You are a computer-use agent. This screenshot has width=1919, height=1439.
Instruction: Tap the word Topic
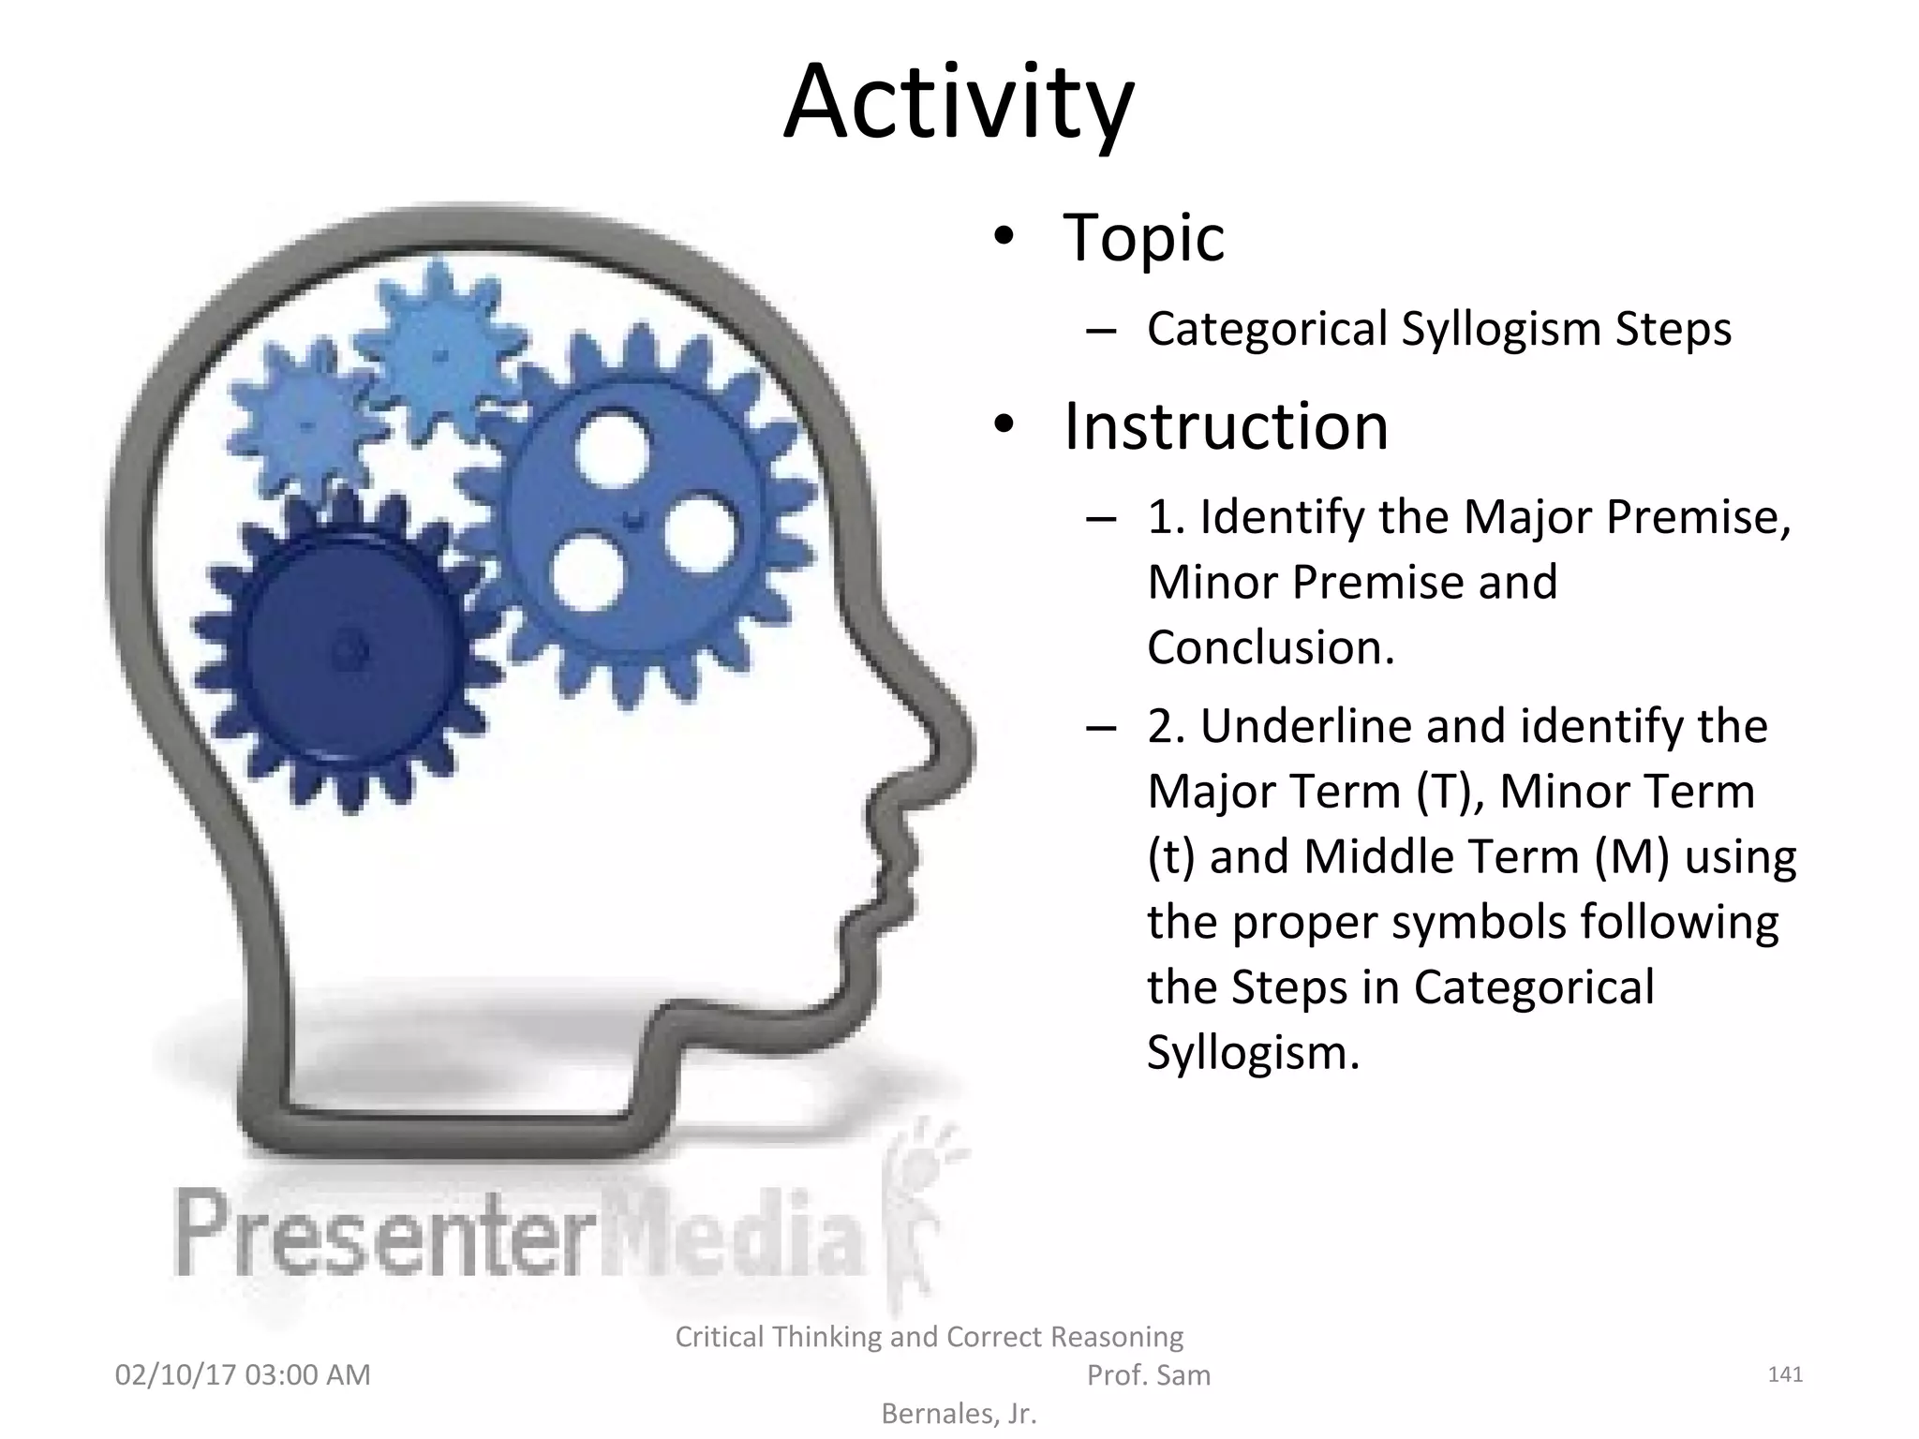click(1143, 238)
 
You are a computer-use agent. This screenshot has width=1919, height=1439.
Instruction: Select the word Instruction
click(1226, 427)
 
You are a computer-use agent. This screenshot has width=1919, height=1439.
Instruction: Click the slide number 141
click(1784, 1374)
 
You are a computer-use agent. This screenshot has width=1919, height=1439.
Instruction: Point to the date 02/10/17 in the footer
click(175, 1375)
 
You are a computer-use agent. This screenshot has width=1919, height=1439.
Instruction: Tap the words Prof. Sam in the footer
click(1148, 1375)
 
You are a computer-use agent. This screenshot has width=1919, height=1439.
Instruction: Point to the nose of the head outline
click(956, 740)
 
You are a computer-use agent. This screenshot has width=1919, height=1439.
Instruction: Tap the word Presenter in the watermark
click(384, 1234)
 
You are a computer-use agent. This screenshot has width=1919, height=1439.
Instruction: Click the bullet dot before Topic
click(1004, 237)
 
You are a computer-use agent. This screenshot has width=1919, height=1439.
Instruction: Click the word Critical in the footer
click(718, 1337)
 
